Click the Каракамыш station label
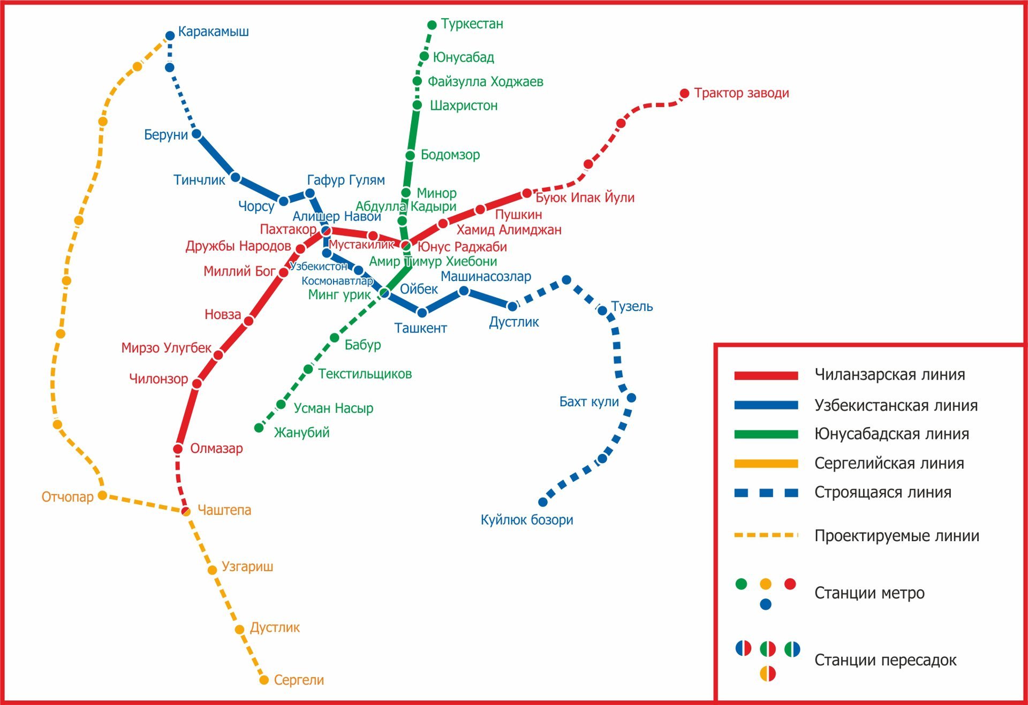coord(213,32)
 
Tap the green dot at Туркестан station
coord(432,25)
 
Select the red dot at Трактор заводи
coord(684,94)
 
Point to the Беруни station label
coord(166,135)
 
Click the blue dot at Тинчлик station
coord(236,178)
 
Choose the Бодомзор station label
coord(450,155)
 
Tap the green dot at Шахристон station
coord(418,105)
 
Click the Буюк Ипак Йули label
coord(585,198)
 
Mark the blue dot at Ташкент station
coord(422,313)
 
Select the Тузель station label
coord(632,307)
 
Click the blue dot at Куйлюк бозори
coord(543,502)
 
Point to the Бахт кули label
coord(589,401)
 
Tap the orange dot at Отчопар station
coord(102,495)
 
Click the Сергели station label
coord(299,680)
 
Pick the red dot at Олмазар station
coord(178,449)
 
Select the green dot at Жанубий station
coord(259,428)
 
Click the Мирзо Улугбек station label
coord(167,348)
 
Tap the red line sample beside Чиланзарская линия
coord(766,375)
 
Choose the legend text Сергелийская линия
coord(889,464)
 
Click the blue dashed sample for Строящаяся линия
coord(766,492)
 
